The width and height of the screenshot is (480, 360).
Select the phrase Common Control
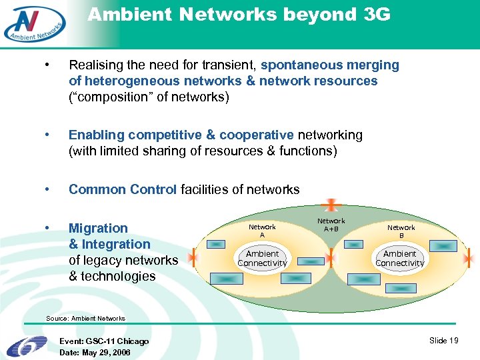click(x=123, y=190)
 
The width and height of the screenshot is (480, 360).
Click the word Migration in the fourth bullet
click(x=98, y=229)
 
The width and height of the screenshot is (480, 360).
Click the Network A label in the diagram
click(x=262, y=231)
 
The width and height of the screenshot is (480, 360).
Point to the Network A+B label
click(x=331, y=225)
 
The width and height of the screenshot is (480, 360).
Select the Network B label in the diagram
click(x=401, y=231)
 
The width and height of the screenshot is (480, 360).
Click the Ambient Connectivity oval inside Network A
click(x=262, y=259)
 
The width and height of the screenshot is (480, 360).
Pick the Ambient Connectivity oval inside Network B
click(x=400, y=259)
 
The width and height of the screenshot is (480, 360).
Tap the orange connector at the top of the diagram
click(x=331, y=206)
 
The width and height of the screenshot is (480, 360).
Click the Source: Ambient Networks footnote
click(x=85, y=319)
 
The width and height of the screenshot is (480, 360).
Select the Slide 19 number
click(x=444, y=341)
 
